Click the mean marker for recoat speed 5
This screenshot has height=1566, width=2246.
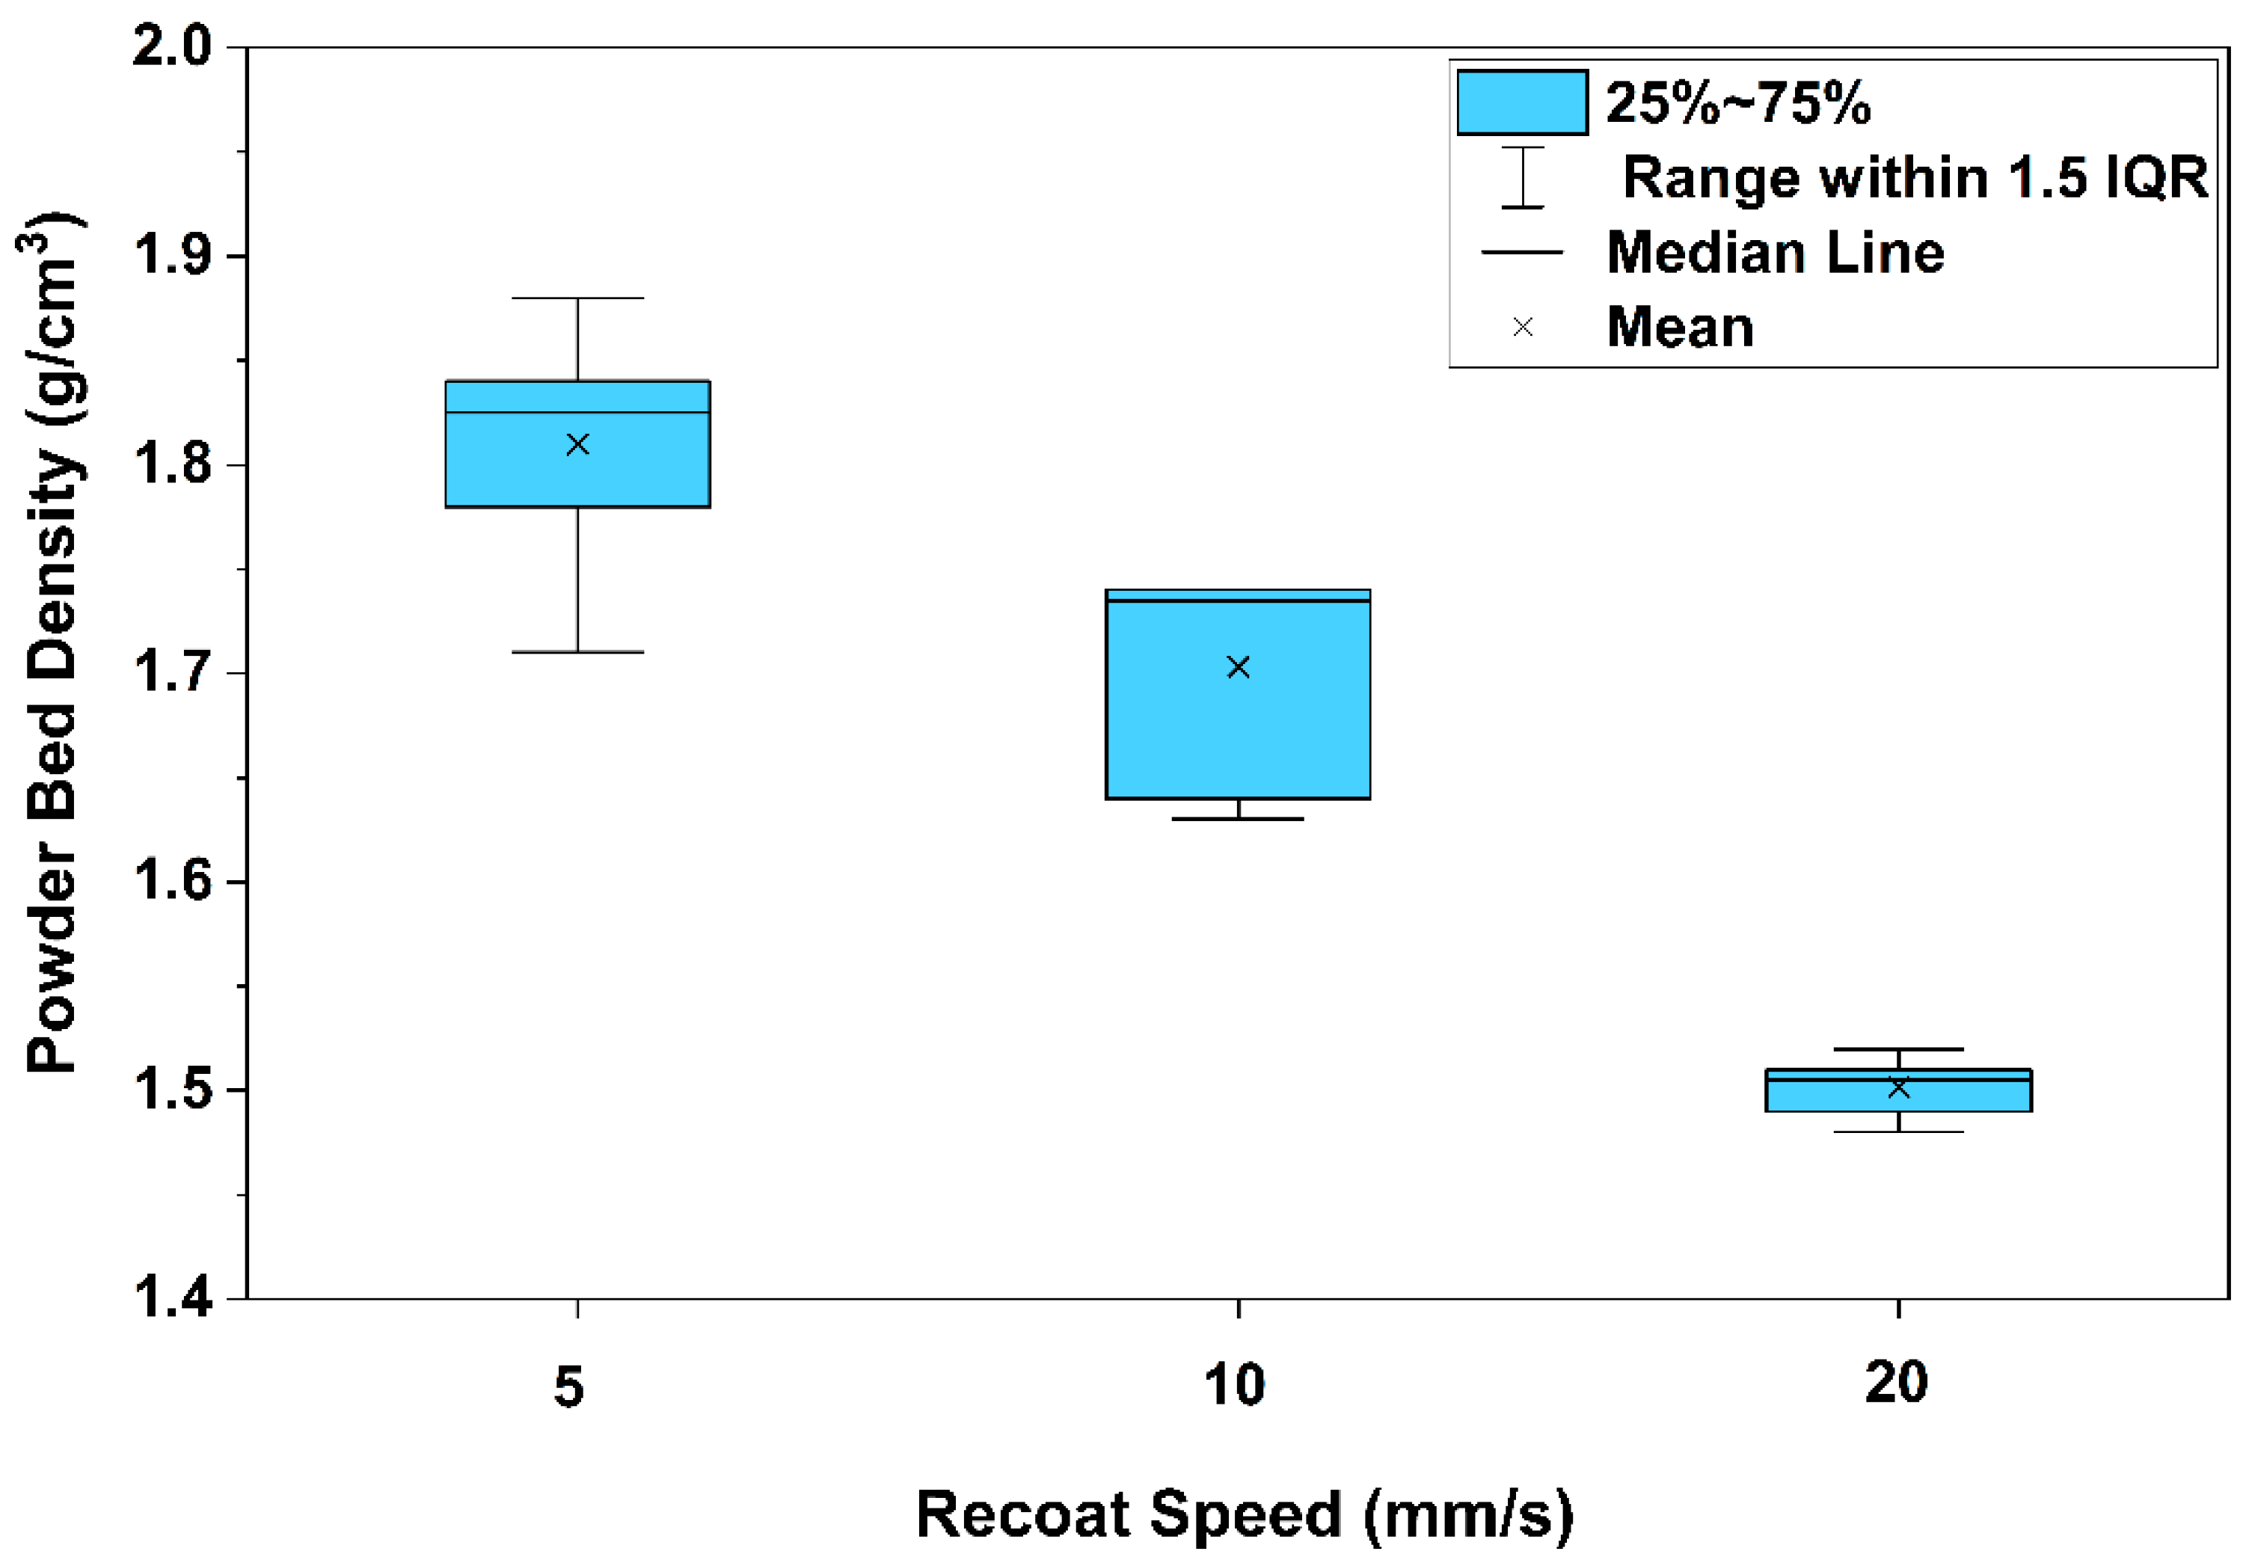tap(577, 445)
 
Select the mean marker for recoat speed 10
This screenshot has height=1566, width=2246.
tap(1239, 667)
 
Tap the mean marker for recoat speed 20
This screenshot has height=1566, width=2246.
tap(1899, 1087)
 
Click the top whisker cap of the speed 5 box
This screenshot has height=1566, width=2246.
tap(577, 298)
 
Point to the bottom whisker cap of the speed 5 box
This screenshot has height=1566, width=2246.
tap(577, 651)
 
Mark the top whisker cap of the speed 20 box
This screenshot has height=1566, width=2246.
tap(1899, 1049)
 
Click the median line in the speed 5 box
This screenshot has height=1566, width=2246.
tap(577, 413)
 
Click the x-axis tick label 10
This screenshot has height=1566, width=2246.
tap(1235, 1385)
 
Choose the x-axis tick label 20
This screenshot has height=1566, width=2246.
tap(1897, 1383)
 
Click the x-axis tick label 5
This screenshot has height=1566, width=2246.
tap(569, 1386)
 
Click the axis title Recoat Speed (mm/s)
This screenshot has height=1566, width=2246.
tap(1245, 1515)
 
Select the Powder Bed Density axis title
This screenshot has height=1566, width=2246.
tap(53, 644)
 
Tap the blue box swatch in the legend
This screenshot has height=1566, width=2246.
tap(1522, 102)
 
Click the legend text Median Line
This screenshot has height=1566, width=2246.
tap(1776, 252)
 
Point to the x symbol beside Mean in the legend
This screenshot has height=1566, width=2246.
tap(1523, 328)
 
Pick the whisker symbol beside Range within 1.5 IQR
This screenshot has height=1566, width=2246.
tap(1523, 177)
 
